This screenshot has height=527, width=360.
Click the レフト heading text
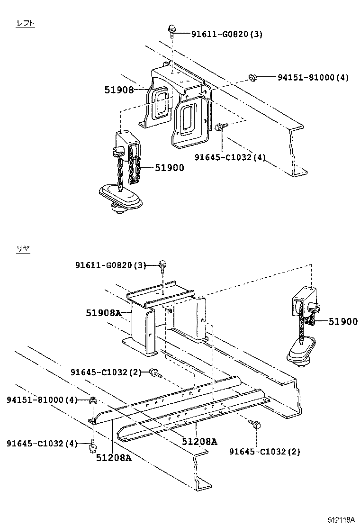click(26, 23)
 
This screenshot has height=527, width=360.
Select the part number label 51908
click(119, 89)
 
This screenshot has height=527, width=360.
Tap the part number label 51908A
click(103, 313)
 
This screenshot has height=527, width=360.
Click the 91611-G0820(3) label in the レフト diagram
click(226, 34)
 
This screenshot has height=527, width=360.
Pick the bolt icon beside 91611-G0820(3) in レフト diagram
click(172, 31)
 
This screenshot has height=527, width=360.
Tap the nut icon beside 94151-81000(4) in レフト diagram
click(252, 77)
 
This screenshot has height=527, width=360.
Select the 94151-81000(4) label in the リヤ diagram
click(42, 400)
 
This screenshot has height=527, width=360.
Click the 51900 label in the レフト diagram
click(170, 167)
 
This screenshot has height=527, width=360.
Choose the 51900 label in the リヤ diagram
click(343, 322)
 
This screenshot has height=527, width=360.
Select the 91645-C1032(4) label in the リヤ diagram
click(42, 443)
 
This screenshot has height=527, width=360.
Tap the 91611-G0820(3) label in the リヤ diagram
click(110, 265)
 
